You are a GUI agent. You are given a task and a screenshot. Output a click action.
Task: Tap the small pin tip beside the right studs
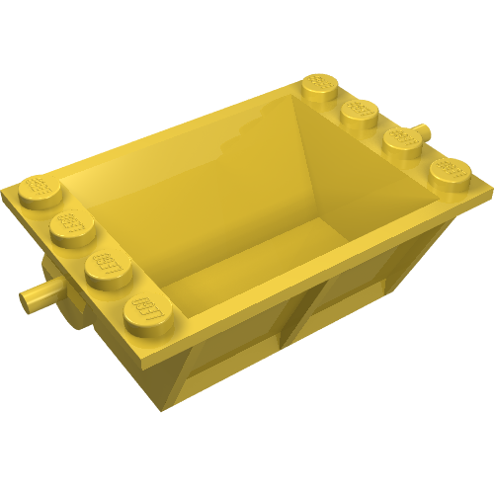point(424,130)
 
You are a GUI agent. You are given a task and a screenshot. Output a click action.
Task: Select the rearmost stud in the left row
point(37,188)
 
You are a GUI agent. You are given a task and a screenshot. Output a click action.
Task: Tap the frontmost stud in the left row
point(144,311)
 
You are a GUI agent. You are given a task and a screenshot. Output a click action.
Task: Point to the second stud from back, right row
point(362,111)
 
